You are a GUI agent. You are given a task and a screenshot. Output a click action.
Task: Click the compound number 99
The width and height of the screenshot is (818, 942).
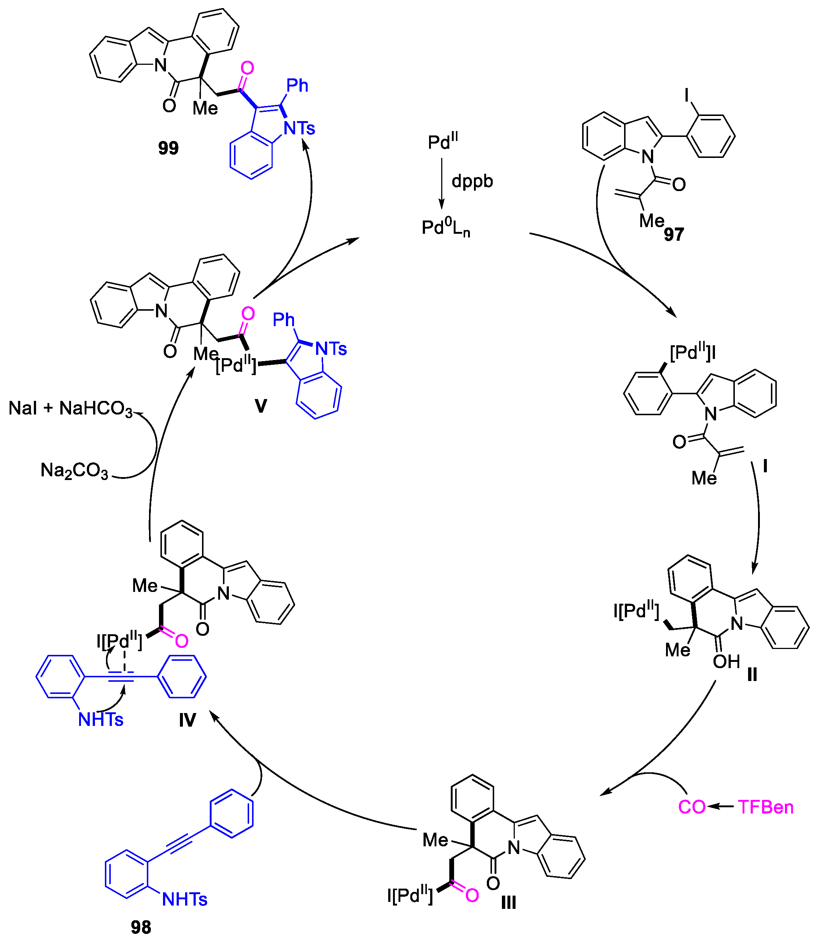coord(169,148)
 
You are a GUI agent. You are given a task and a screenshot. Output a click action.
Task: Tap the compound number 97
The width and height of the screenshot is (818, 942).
coord(674,234)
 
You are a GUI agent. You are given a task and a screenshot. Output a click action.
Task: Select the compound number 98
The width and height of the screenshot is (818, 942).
coord(141,927)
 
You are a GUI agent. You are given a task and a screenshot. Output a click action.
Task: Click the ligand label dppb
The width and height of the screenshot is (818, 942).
coord(472,181)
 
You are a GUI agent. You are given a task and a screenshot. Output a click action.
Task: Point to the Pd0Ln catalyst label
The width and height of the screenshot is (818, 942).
coord(446,228)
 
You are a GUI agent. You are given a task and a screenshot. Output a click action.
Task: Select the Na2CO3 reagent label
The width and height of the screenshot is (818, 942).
coord(74,470)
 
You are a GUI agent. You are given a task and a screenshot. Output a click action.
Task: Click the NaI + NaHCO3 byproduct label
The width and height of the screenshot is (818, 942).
coord(70,408)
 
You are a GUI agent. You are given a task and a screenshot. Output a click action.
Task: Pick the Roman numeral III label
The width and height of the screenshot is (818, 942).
coord(509,903)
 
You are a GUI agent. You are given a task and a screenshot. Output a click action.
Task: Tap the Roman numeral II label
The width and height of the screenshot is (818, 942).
coord(752,674)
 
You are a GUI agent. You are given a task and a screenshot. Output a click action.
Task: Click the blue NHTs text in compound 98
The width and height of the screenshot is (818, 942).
coord(184,899)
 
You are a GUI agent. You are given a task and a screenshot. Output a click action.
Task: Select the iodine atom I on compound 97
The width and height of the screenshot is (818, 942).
coord(687,95)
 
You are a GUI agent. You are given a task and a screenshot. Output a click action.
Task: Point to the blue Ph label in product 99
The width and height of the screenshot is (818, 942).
coord(297,85)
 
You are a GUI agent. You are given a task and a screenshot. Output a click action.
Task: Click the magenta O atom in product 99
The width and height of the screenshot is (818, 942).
coord(247,68)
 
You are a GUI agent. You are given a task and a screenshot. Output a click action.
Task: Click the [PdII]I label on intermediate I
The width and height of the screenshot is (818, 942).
coord(693,353)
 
